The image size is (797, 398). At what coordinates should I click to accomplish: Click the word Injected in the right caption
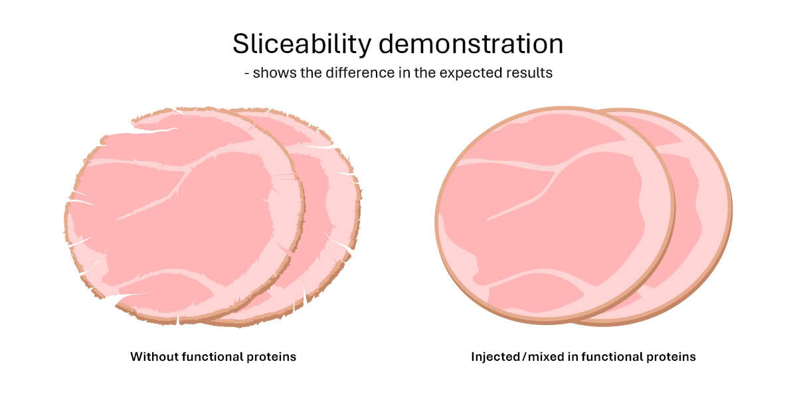coord(496,357)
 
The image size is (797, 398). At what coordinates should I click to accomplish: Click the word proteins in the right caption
coord(672,357)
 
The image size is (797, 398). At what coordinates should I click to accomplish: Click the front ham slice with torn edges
coord(179,212)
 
